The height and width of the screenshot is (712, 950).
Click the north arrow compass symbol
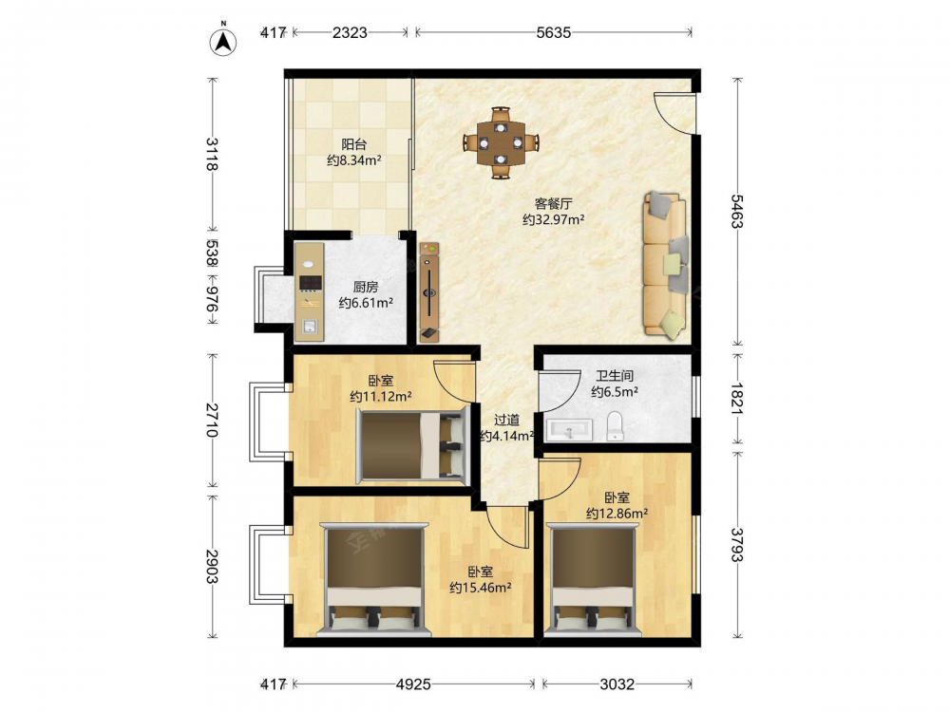[x=223, y=41]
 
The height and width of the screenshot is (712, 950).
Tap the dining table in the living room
[x=501, y=143]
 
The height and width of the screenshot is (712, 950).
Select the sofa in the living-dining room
[x=665, y=264]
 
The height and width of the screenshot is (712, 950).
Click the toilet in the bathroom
[x=615, y=426]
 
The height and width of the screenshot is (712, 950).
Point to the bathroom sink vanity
[x=569, y=430]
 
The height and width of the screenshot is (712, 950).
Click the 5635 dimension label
[x=553, y=32]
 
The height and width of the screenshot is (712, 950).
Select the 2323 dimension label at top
[x=350, y=32]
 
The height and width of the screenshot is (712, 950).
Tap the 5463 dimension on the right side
[x=736, y=212]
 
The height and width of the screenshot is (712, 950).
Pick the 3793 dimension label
[x=736, y=545]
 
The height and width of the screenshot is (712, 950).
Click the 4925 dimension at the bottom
[x=413, y=684]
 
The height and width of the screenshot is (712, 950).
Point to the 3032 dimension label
[x=617, y=684]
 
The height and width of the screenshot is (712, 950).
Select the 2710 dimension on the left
[x=212, y=420]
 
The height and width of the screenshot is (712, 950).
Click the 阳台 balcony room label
[x=353, y=144]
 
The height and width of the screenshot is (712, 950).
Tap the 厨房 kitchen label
[x=366, y=287]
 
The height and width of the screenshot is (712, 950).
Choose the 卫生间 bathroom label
[x=615, y=376]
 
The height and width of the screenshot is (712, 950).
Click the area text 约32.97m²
[x=553, y=219]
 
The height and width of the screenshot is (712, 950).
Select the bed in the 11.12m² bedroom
[x=412, y=445]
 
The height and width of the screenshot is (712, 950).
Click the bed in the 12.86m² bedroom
[x=593, y=580]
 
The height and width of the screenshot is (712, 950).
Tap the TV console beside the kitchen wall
[x=429, y=292]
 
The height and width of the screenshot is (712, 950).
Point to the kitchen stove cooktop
[x=311, y=283]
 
